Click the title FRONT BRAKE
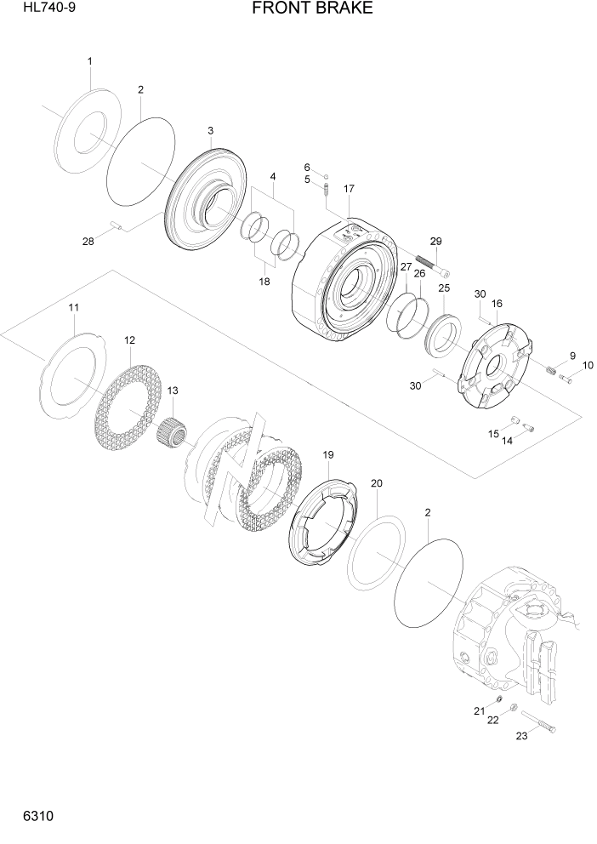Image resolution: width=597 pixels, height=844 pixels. (312, 9)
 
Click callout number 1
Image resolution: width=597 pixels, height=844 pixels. (89, 61)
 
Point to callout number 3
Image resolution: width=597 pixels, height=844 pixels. (210, 130)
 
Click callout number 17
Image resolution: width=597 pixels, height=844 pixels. (349, 188)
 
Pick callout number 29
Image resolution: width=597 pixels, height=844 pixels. (435, 242)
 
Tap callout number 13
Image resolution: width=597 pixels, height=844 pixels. (173, 391)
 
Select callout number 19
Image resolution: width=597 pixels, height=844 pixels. (327, 455)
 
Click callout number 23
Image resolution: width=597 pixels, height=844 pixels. (521, 736)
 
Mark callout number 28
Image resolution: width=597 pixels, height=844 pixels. (88, 242)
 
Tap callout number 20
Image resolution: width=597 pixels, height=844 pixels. (377, 483)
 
